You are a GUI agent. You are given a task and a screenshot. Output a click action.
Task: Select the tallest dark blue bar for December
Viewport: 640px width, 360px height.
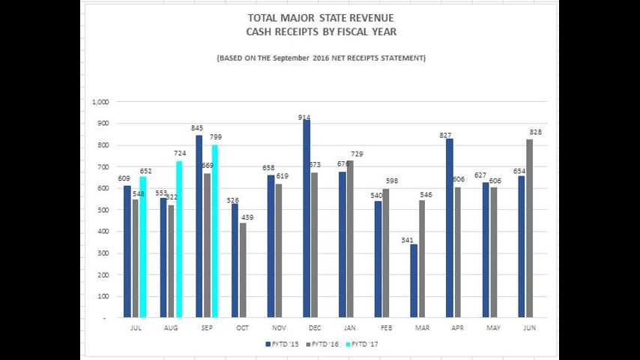(x=307, y=218)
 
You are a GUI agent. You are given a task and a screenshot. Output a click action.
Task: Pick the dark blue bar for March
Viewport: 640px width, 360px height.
(x=414, y=280)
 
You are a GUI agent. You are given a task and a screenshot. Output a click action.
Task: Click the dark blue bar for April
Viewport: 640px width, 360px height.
(x=450, y=228)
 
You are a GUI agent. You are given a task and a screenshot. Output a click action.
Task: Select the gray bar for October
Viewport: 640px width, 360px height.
(x=243, y=270)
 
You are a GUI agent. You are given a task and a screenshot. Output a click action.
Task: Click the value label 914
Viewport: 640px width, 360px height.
(x=304, y=117)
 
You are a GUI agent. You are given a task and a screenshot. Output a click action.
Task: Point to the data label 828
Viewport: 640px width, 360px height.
(x=534, y=132)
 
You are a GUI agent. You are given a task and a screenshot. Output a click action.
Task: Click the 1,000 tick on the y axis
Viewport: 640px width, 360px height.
(x=100, y=102)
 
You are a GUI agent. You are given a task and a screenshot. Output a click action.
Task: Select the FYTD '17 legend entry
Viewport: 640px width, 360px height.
(x=366, y=343)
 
